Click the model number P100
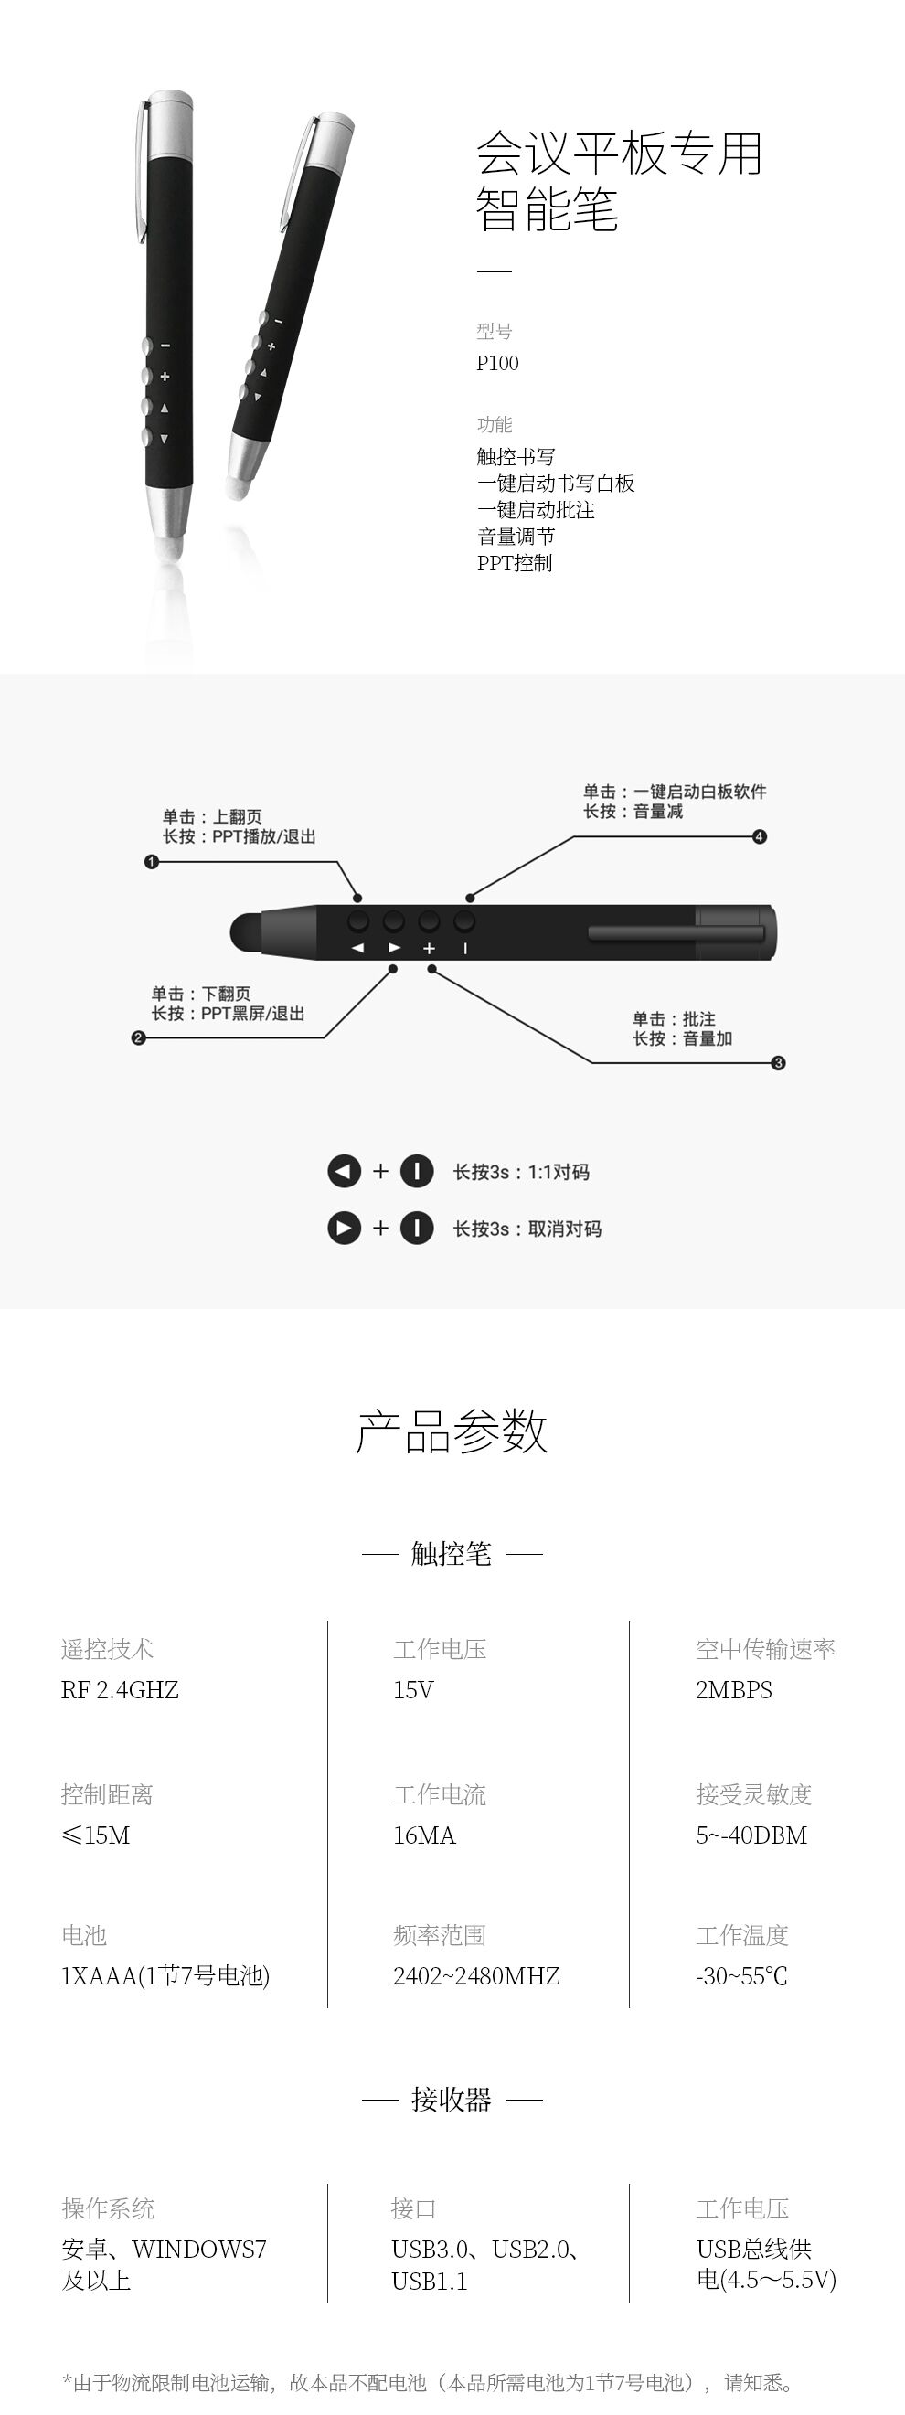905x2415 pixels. (x=497, y=363)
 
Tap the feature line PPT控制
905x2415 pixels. (x=515, y=562)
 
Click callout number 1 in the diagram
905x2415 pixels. (x=151, y=862)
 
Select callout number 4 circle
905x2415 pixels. (x=760, y=836)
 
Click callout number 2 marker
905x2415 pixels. (x=138, y=1037)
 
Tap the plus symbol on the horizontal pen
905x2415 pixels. (x=430, y=948)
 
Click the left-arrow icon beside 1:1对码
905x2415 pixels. (x=345, y=1171)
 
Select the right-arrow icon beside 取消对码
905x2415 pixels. (x=345, y=1229)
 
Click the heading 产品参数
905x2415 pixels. (x=452, y=1431)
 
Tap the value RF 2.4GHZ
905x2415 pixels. (x=120, y=1689)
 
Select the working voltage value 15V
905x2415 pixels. (x=413, y=1689)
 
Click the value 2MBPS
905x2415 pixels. (x=734, y=1689)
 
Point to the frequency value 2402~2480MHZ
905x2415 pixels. (x=476, y=1975)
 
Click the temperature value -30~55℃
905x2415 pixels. (x=741, y=1975)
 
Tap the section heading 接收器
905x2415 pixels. (x=451, y=2099)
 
